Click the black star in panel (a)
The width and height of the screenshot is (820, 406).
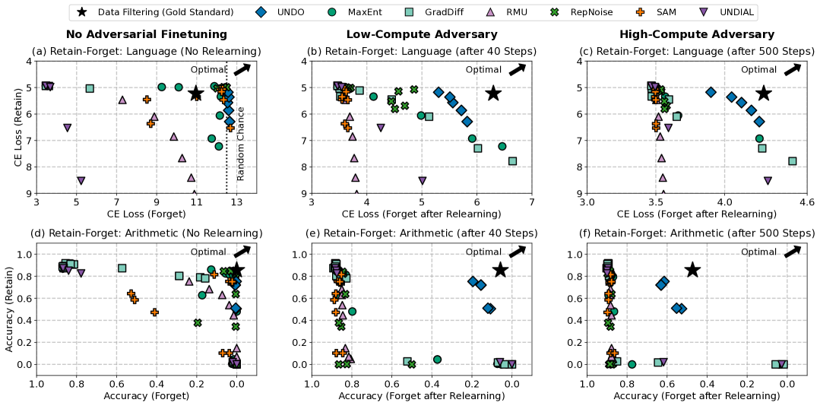[195, 93]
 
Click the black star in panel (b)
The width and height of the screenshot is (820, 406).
[493, 93]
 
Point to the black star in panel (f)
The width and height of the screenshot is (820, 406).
[692, 270]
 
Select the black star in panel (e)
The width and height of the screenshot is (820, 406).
[500, 270]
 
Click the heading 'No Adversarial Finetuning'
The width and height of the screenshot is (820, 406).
[146, 34]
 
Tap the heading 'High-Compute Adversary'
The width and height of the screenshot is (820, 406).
[697, 34]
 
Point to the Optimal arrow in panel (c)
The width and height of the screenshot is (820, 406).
[792, 69]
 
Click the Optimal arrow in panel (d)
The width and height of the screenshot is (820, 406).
[242, 251]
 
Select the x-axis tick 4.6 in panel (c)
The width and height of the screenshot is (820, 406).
[807, 203]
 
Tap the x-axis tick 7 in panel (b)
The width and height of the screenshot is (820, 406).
[531, 203]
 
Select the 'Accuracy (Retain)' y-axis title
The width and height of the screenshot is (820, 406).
[8, 308]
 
